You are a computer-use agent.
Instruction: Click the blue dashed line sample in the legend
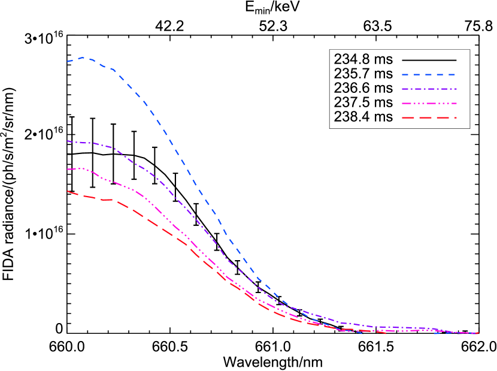pyautogui.click(x=429, y=75)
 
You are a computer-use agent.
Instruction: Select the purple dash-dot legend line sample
pyautogui.click(x=429, y=89)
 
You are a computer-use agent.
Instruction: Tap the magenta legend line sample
pyautogui.click(x=429, y=104)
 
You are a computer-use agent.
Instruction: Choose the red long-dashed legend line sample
pyautogui.click(x=429, y=117)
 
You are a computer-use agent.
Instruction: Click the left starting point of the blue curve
pyautogui.click(x=68, y=61)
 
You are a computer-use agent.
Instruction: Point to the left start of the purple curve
pyautogui.click(x=68, y=141)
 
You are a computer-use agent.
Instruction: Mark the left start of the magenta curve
pyautogui.click(x=68, y=170)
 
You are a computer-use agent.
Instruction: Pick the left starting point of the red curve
pyautogui.click(x=68, y=191)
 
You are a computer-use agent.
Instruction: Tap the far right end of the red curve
pyautogui.click(x=478, y=333)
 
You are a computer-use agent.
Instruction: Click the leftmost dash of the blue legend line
pyautogui.click(x=405, y=75)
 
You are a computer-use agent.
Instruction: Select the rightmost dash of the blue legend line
pyautogui.click(x=452, y=75)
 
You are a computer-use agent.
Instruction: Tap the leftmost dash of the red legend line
pyautogui.click(x=407, y=117)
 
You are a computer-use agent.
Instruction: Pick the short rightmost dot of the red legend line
pyautogui.click(x=456, y=117)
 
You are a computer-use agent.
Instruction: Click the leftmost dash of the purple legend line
pyautogui.click(x=405, y=89)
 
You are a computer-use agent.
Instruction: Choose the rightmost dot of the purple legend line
pyautogui.click(x=456, y=89)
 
